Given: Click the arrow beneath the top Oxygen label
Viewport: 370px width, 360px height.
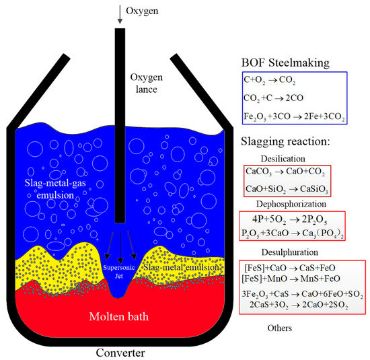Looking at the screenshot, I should point(120,15).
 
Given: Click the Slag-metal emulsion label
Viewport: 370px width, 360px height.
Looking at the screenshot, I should point(182,267).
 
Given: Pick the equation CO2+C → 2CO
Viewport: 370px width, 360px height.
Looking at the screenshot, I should point(278,98).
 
